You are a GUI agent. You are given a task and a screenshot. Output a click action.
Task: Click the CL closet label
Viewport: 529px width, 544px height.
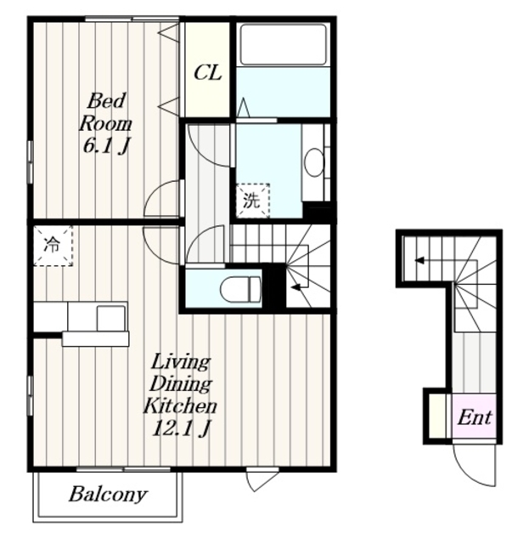coord(207,73)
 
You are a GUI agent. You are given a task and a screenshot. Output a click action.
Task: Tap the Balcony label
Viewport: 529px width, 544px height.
coord(108,495)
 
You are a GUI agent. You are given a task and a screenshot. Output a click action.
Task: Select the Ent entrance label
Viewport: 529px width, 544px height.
coord(475,417)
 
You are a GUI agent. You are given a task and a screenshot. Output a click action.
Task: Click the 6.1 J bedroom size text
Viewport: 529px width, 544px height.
coord(106,146)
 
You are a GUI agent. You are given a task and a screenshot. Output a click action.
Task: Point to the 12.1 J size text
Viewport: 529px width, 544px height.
coord(181,429)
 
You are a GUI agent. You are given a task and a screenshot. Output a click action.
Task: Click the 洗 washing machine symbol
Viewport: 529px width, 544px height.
coord(252,201)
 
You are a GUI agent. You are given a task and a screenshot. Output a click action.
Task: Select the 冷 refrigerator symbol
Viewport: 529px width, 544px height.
coord(53,246)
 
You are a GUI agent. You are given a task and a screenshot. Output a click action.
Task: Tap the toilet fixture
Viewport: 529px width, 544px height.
coord(240,289)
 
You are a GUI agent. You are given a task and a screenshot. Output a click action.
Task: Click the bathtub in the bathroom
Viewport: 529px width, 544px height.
coord(284,44)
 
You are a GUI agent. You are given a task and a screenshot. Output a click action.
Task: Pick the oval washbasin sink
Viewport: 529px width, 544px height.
coord(313,162)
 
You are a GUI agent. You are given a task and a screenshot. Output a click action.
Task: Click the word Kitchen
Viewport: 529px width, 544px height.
coord(180,406)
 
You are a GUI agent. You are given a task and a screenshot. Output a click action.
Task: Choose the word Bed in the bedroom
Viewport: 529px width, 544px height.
coord(106,101)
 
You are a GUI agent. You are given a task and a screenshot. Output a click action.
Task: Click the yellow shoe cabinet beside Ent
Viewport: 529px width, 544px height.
coord(437,416)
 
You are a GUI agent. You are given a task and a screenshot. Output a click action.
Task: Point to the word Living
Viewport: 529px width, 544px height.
coord(181,363)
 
